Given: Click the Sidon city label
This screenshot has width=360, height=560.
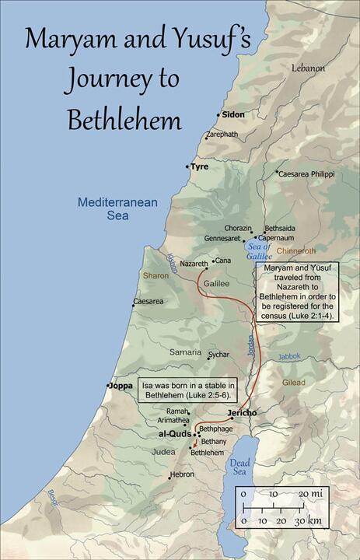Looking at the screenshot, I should (233, 114).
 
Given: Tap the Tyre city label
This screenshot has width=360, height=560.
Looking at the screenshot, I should (201, 166).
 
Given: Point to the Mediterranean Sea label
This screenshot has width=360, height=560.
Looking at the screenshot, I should (117, 209).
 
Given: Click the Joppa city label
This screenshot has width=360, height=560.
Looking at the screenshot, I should (120, 385).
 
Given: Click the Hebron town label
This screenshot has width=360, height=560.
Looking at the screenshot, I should (183, 474).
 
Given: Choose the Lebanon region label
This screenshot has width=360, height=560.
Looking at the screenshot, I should (308, 68).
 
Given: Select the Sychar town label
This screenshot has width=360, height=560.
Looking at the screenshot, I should (218, 354).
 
